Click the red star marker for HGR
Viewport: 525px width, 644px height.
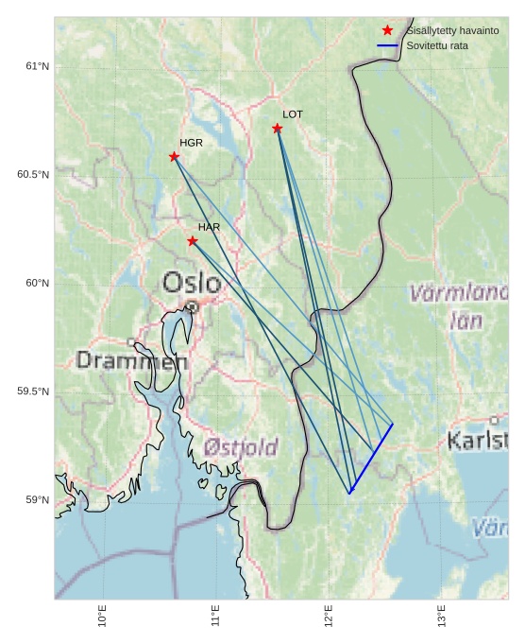pos(174,156)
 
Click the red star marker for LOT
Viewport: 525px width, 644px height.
pos(277,128)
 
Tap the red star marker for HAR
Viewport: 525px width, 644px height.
pos(193,240)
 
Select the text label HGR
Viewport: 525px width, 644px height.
pos(191,143)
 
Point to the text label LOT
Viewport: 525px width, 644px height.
pos(293,114)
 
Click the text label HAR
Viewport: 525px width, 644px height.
pos(209,227)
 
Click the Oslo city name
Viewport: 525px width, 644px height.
pos(192,283)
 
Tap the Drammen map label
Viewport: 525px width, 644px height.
pos(131,360)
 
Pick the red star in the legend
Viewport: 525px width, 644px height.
pos(387,31)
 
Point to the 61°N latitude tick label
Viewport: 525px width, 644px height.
pos(37,66)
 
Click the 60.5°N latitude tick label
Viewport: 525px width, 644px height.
pos(33,175)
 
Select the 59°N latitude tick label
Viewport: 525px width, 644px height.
pos(37,500)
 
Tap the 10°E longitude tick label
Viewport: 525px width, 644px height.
pos(103,616)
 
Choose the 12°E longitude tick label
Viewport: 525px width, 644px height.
pos(330,616)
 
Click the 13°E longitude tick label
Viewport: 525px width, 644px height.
pos(443,616)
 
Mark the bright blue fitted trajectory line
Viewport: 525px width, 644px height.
pos(370,459)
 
